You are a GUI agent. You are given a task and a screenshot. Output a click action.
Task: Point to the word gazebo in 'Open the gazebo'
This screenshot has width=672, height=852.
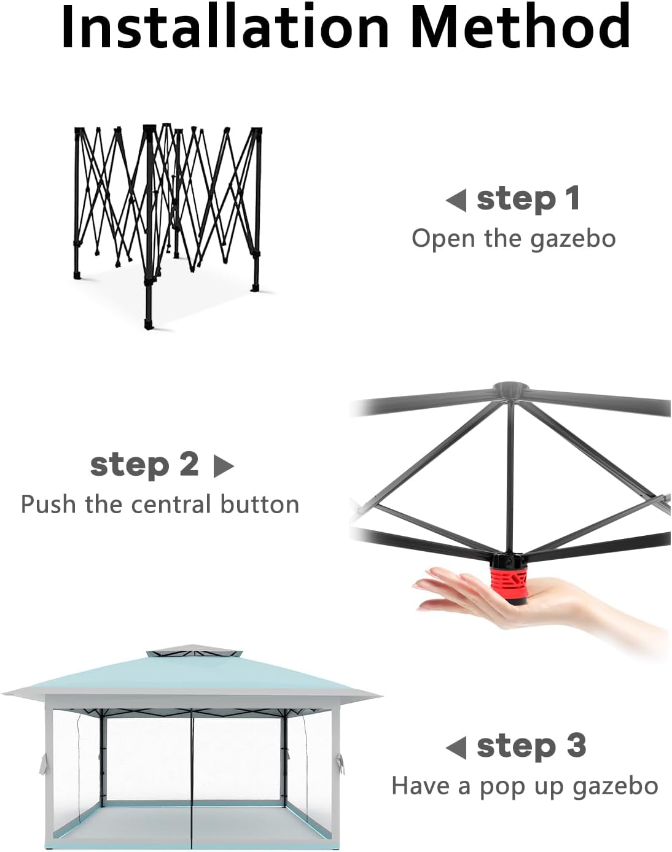(x=572, y=240)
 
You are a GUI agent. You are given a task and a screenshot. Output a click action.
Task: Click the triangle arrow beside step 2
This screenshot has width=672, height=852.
(x=224, y=465)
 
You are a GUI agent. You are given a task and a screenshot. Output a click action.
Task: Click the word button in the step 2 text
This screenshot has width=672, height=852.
(x=259, y=505)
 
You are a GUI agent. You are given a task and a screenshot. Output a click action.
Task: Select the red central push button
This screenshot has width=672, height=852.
(x=509, y=581)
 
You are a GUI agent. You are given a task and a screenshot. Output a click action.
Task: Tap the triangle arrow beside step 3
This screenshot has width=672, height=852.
(x=456, y=748)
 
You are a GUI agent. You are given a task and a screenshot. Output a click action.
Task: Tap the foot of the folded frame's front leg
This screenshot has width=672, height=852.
(x=149, y=325)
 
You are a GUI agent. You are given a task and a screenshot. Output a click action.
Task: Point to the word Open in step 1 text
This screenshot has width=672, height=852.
(x=443, y=239)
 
